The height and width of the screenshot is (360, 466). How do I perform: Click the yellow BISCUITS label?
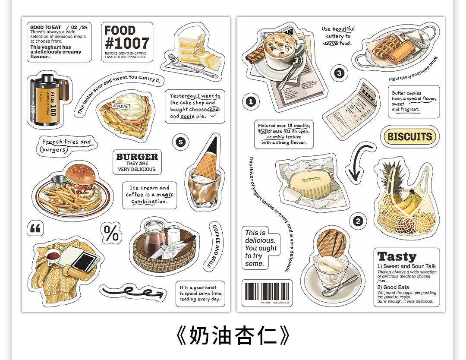click(x=409, y=137)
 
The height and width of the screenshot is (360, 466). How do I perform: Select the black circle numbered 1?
click(x=251, y=102)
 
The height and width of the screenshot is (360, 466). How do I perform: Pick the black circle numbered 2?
click(x=358, y=221)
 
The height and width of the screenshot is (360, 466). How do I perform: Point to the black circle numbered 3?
click(x=339, y=73)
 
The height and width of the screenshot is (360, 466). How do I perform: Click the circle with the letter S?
click(x=180, y=142)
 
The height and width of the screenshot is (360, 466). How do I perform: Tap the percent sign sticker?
click(x=111, y=233)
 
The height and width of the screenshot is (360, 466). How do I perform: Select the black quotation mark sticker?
click(x=35, y=228)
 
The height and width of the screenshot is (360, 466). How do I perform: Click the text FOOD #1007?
click(x=126, y=38)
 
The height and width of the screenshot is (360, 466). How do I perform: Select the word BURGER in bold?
click(x=137, y=157)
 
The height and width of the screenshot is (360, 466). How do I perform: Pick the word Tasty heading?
click(x=397, y=256)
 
